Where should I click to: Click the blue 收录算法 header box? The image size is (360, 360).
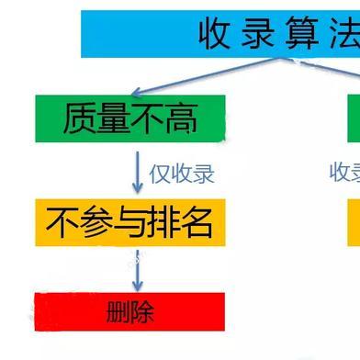(220, 33)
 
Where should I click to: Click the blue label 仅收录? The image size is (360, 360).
(182, 172)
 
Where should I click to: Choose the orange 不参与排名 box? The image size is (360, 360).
(130, 222)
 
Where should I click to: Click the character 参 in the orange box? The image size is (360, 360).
(95, 222)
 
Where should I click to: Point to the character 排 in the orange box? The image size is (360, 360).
(163, 222)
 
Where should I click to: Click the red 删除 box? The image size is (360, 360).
(130, 309)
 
